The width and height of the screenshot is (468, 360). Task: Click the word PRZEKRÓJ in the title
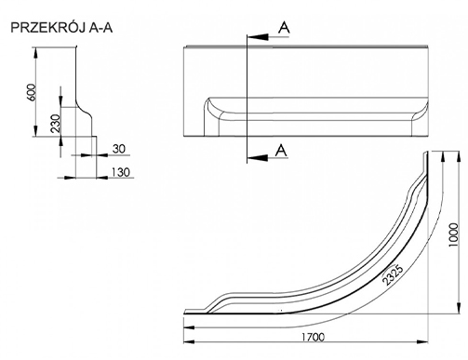point(48,28)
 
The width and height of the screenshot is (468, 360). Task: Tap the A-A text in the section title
point(100,28)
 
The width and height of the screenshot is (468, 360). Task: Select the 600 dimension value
point(32,92)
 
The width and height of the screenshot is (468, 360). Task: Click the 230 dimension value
point(56,123)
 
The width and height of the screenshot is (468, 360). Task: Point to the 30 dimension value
point(119,149)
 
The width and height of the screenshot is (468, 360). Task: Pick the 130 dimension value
point(121,172)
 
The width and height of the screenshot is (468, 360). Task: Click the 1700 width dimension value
point(314,337)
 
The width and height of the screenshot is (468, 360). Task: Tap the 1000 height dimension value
point(453,234)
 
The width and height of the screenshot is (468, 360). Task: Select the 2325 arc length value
point(393,274)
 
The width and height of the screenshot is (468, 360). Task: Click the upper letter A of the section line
point(284,28)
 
